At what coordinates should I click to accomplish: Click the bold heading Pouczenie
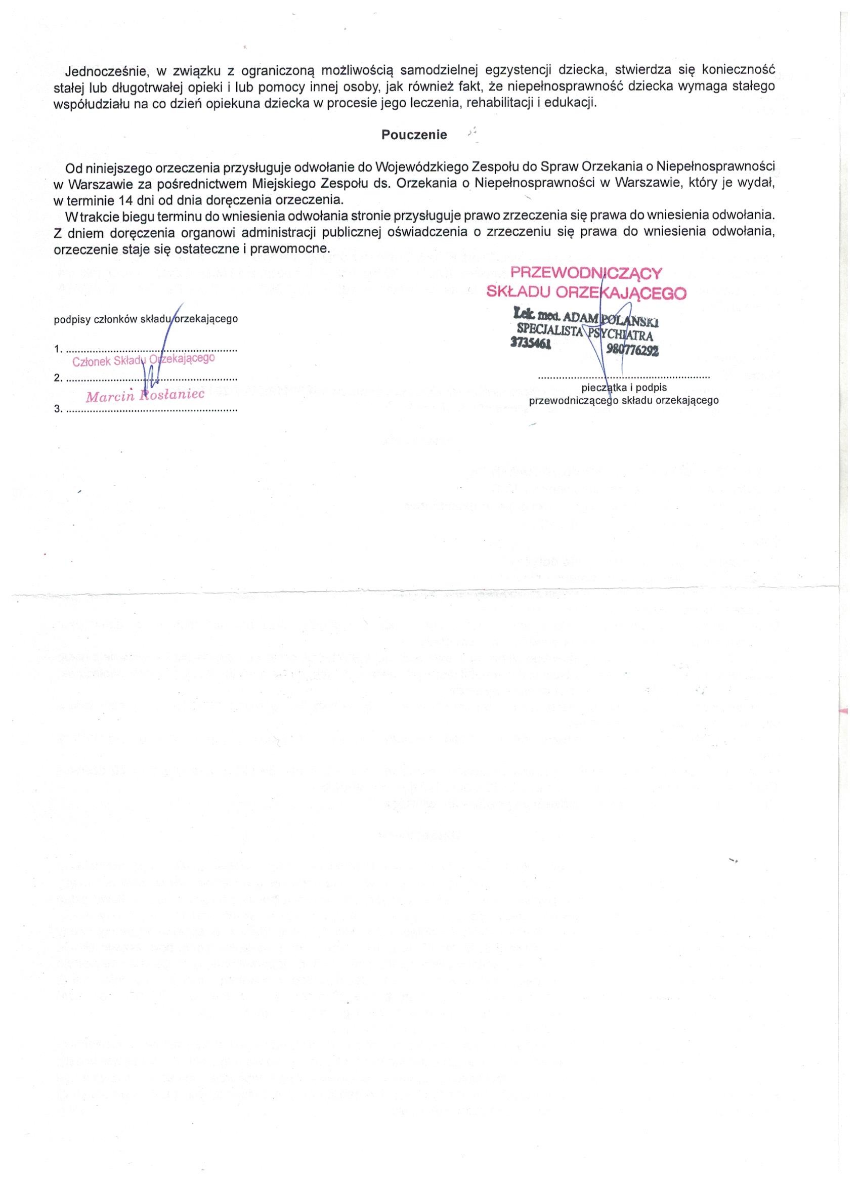coord(414,135)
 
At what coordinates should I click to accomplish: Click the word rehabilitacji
coord(503,103)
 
